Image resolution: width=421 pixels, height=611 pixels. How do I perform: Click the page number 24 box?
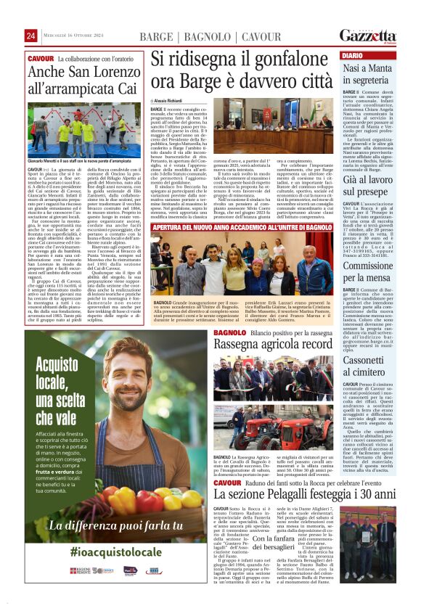click(x=31, y=36)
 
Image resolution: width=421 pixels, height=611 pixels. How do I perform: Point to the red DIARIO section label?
click(x=352, y=55)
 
